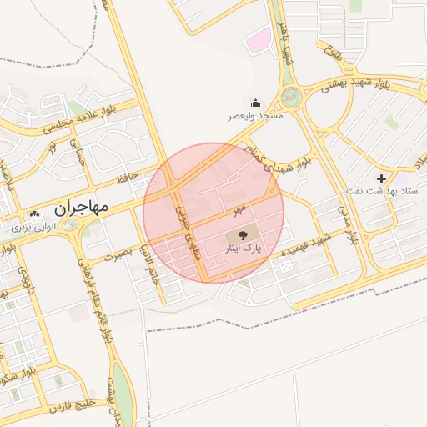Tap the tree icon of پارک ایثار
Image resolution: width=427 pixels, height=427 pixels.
242,236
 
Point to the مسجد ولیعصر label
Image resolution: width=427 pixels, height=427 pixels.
256,116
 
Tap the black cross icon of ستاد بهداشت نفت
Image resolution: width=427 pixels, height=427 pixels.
381,178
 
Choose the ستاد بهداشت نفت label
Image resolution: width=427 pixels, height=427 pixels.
382,192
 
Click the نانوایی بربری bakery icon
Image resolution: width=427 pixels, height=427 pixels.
35,215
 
